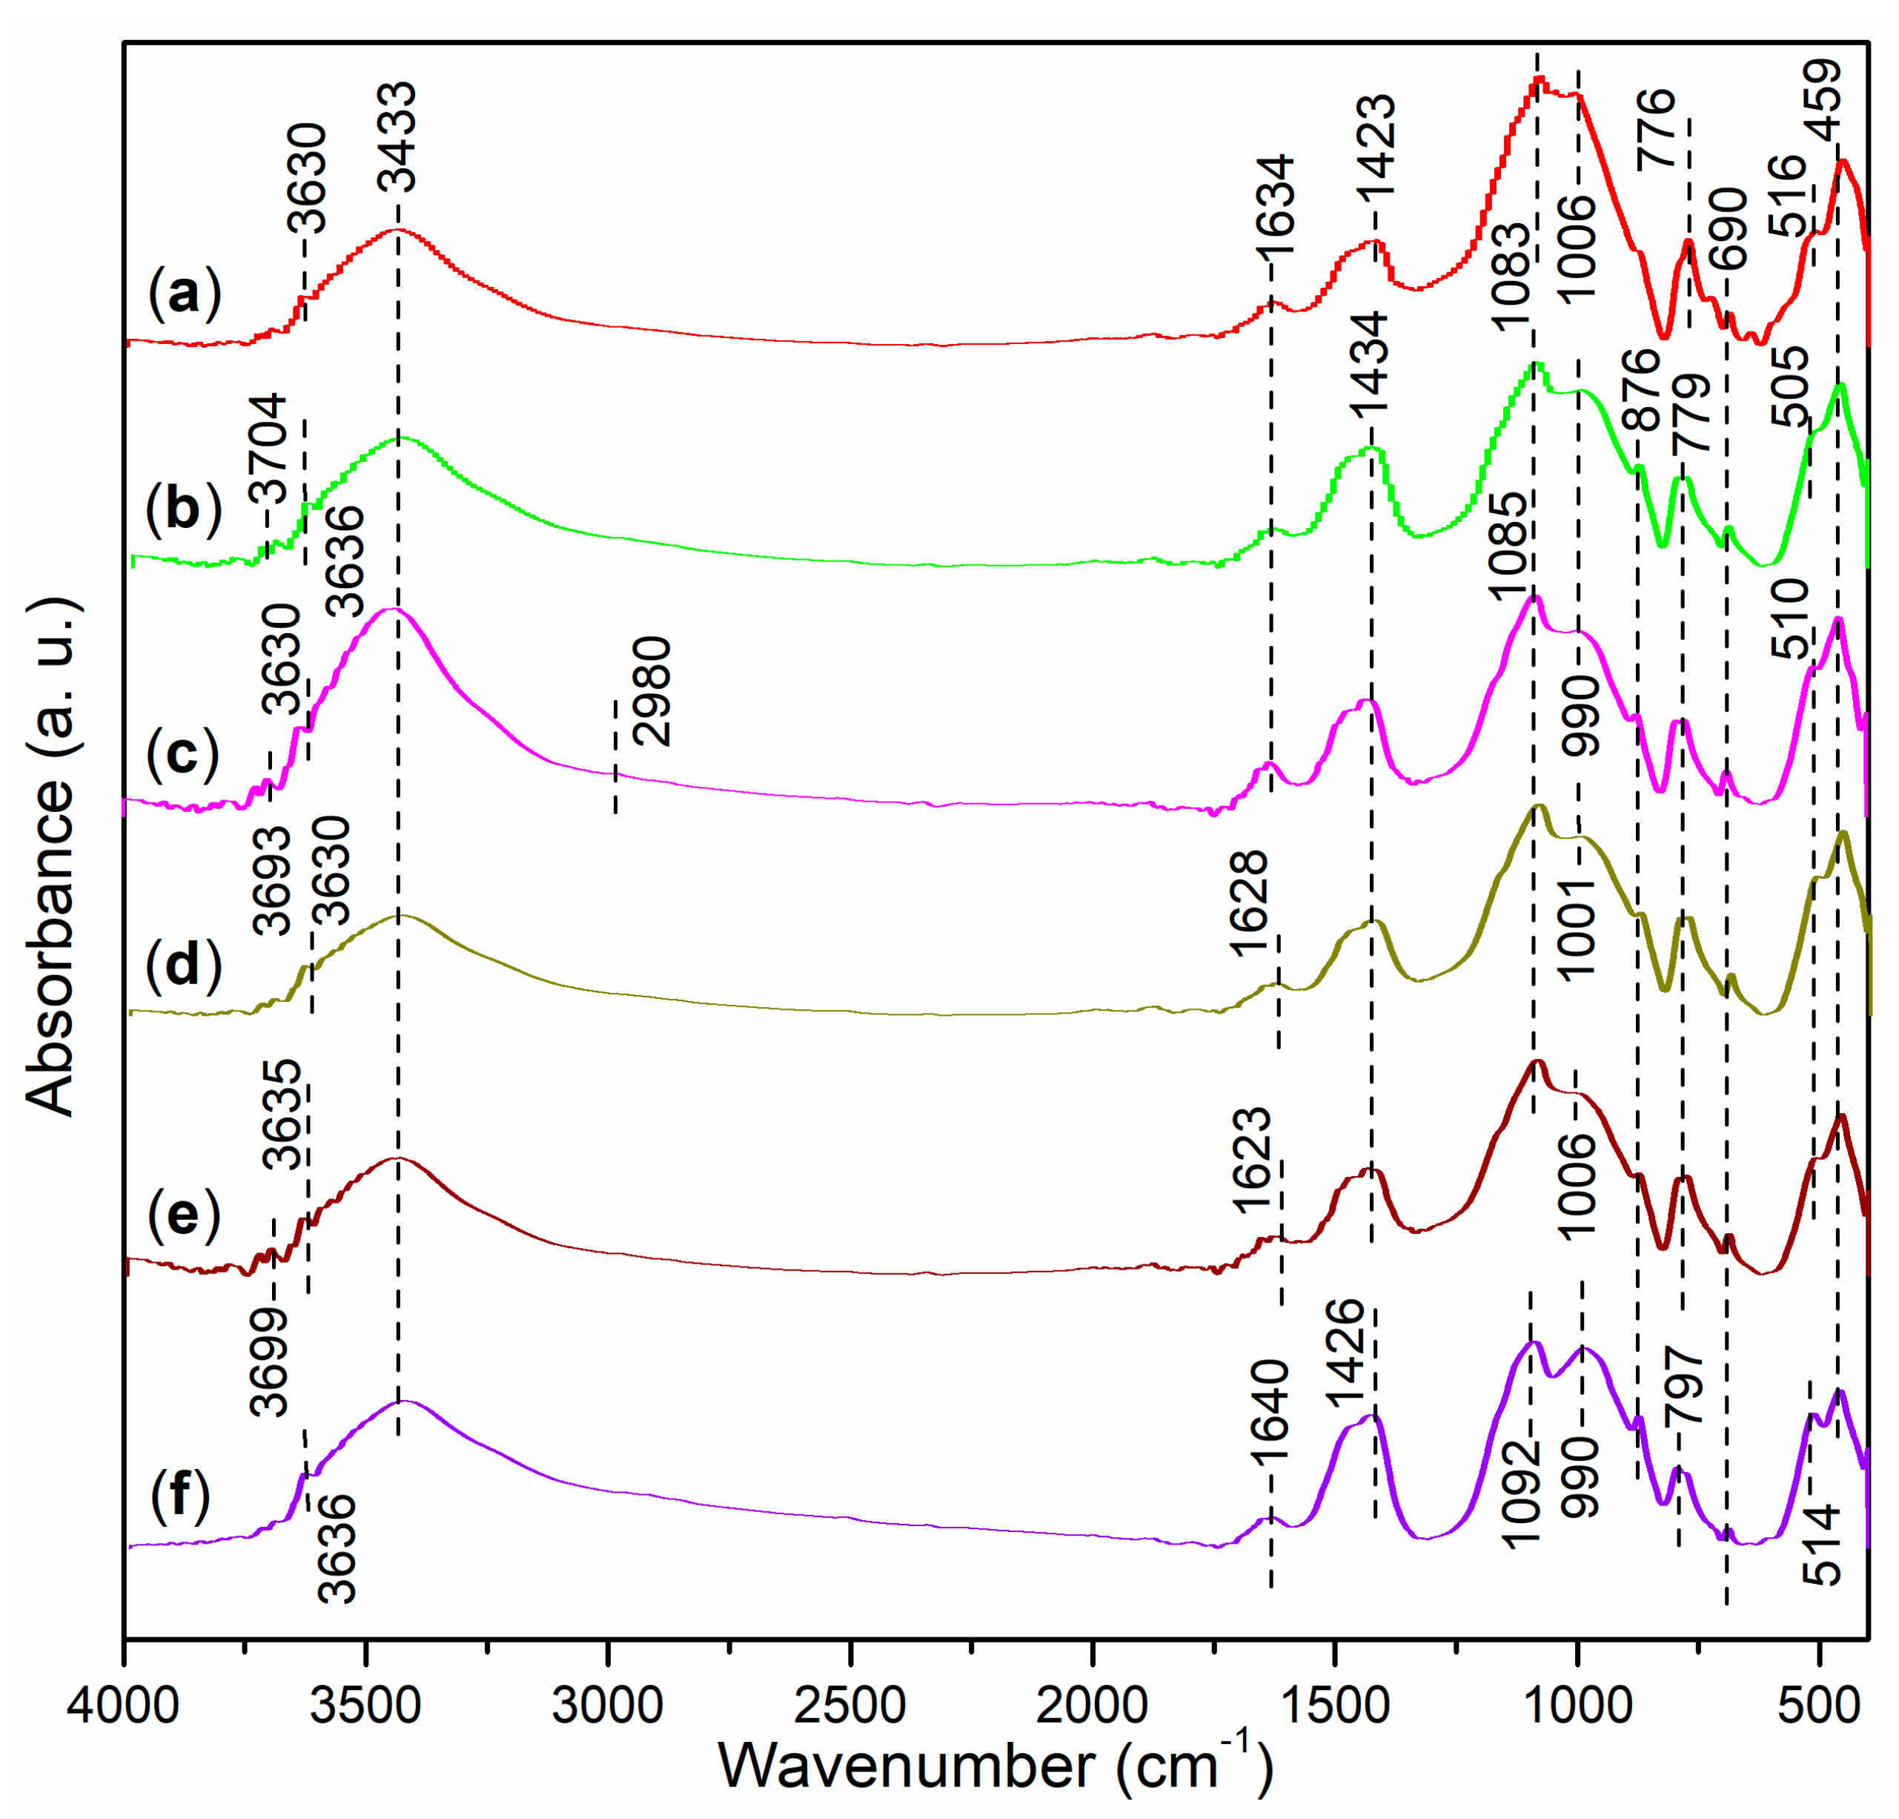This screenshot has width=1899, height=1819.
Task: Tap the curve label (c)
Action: tap(183, 754)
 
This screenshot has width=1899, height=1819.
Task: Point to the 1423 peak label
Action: tap(1376, 148)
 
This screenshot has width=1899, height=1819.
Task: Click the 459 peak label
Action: tap(1821, 100)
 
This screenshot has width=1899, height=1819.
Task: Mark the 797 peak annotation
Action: tap(1685, 1386)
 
